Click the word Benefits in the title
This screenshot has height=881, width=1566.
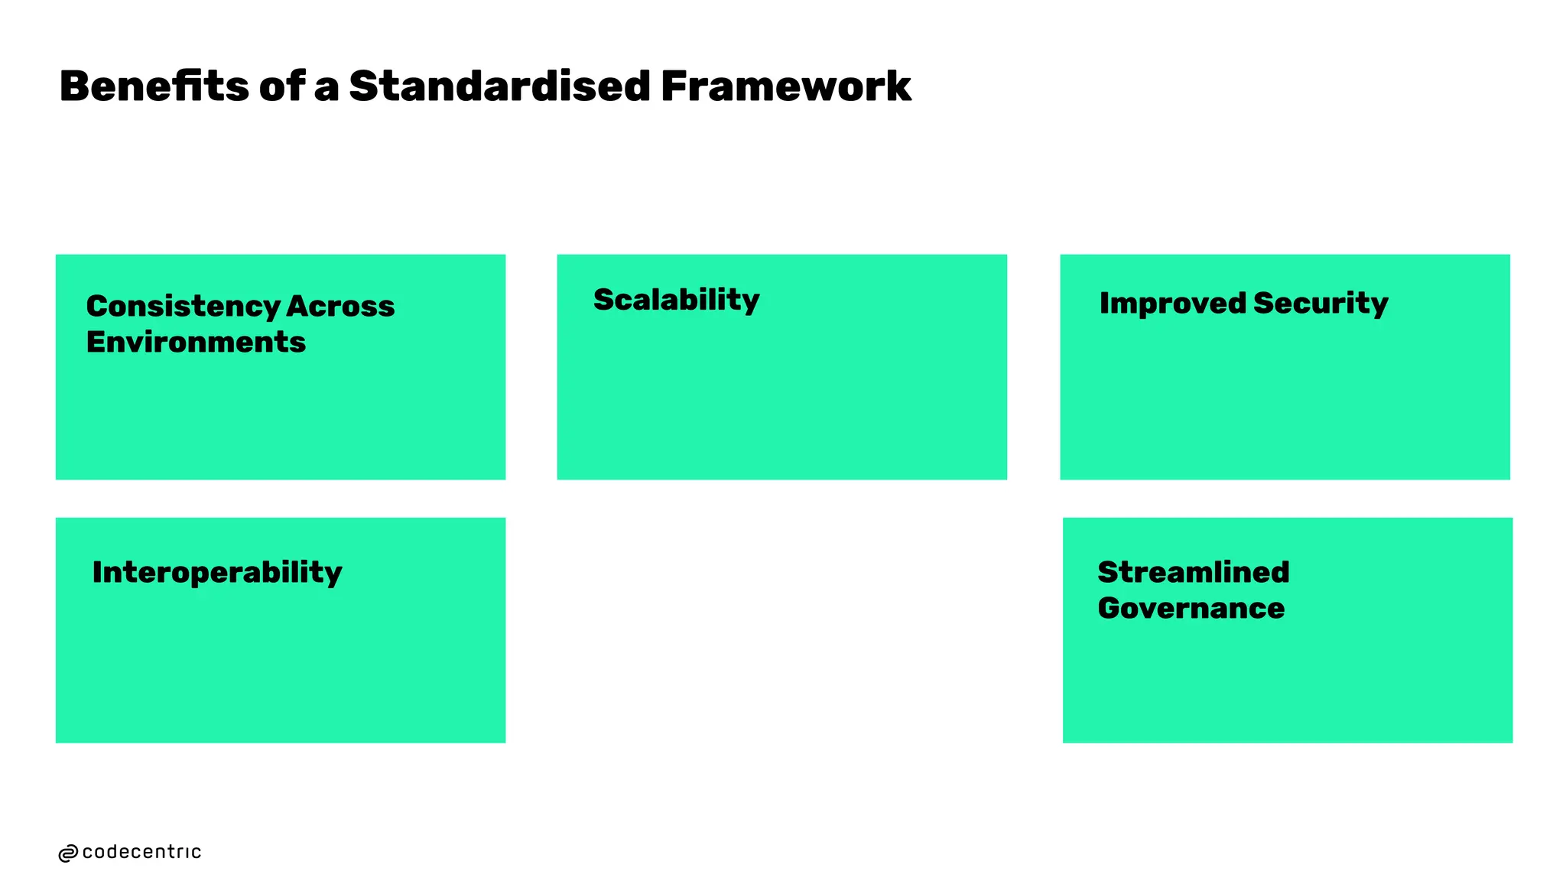point(153,86)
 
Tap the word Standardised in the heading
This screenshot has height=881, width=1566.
point(499,86)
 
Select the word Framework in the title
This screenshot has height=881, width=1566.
point(785,86)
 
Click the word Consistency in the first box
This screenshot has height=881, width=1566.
point(182,307)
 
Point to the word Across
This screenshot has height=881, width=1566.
point(340,306)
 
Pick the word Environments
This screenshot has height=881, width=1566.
point(196,342)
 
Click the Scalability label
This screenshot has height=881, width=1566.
point(676,300)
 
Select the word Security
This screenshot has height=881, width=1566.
point(1321,304)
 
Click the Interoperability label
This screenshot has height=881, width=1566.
point(217,573)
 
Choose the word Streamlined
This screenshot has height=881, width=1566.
point(1193,572)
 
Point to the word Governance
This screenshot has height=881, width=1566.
point(1191,608)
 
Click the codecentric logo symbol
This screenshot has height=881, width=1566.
point(68,853)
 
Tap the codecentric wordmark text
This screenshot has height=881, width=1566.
point(141,852)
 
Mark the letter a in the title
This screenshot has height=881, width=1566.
point(327,88)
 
